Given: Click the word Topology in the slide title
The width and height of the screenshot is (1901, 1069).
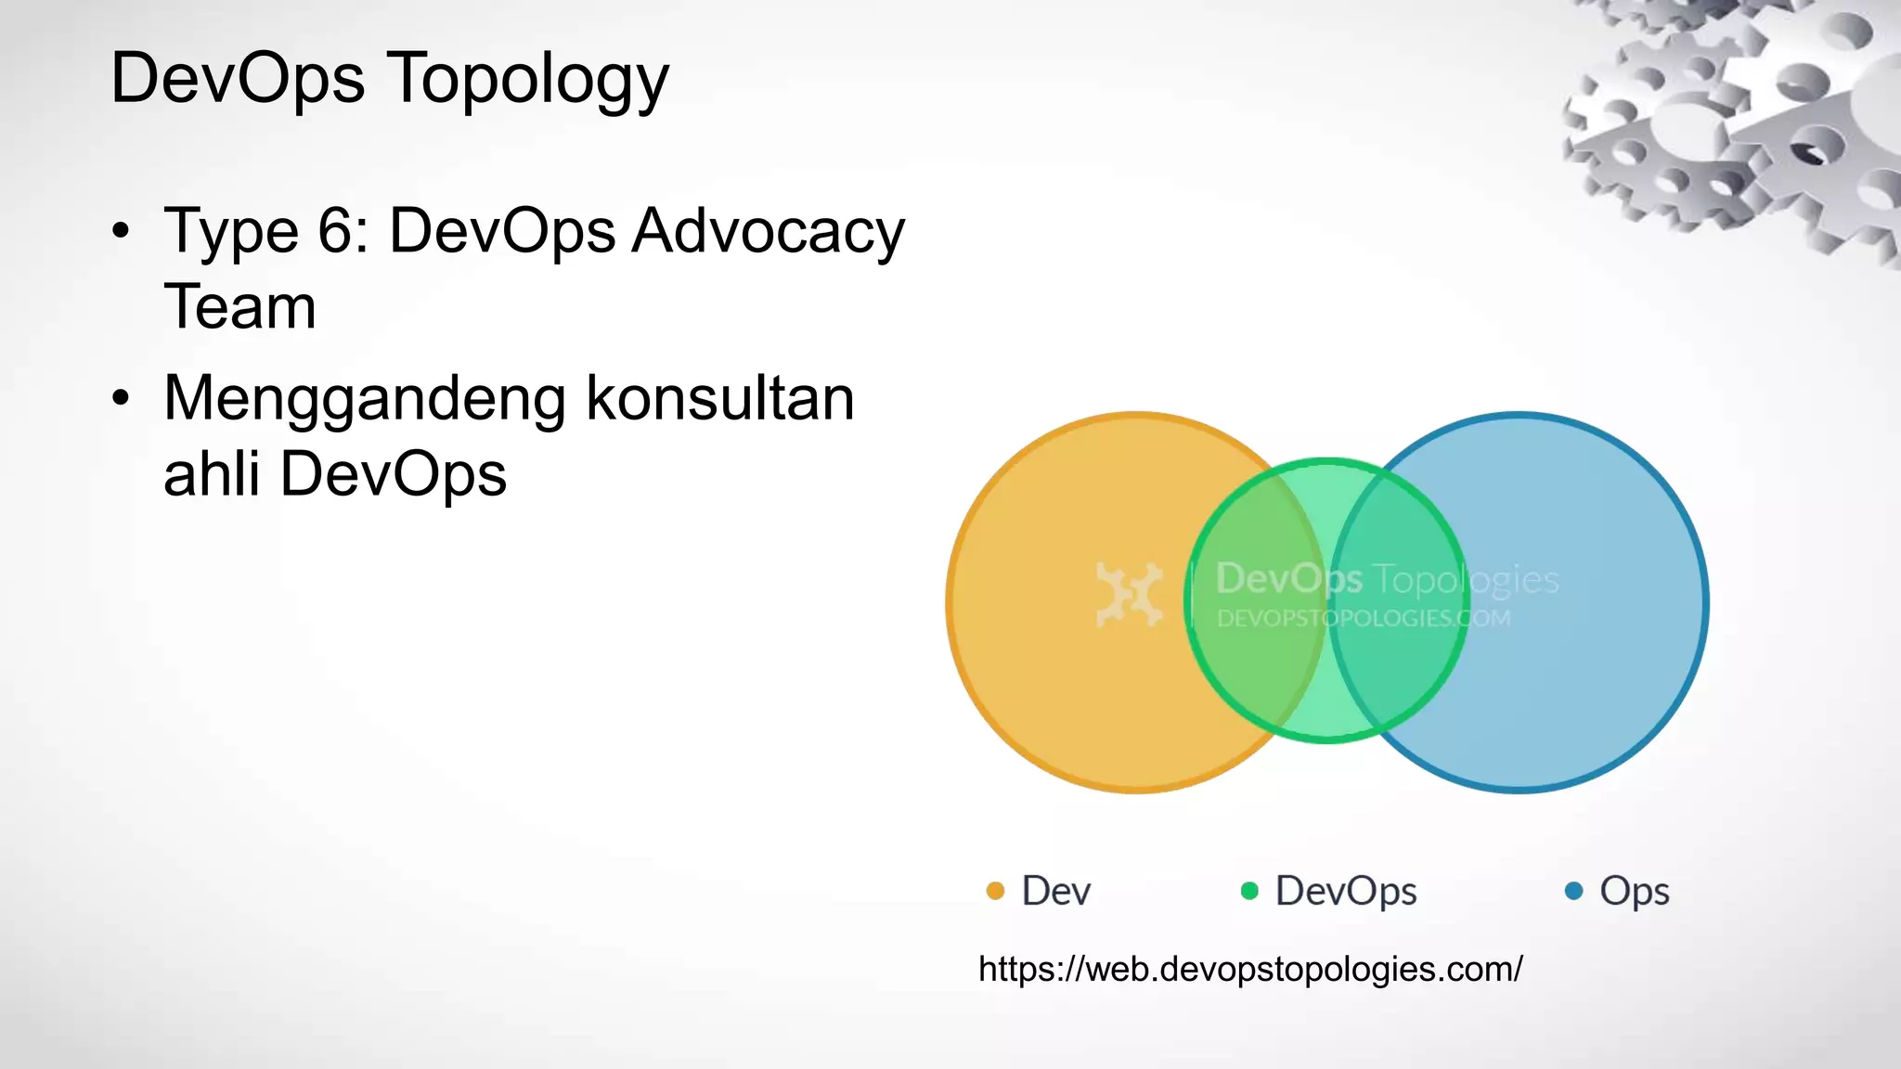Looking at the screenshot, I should [526, 80].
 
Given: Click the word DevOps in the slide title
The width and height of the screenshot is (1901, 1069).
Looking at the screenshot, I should [238, 78].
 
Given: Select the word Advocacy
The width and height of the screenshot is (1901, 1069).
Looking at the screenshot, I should [768, 232].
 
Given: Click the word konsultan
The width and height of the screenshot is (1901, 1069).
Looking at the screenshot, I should [720, 399].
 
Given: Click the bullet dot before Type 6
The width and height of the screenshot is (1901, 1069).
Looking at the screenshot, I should [121, 231].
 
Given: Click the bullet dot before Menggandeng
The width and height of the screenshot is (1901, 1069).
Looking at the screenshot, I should [121, 399].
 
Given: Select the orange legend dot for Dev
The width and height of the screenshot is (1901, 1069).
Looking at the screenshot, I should [995, 891].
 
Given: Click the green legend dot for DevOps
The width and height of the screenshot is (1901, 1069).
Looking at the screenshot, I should [1249, 891].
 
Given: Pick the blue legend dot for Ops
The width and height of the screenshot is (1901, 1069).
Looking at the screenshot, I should [1573, 891].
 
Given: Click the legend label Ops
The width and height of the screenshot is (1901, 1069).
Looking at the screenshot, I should [1634, 892].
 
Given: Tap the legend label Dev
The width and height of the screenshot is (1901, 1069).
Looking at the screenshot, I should [1055, 891].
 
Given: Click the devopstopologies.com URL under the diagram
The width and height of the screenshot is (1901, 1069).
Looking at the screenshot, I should [1250, 969].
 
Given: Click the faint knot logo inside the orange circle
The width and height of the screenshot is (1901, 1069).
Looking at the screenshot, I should [1129, 594].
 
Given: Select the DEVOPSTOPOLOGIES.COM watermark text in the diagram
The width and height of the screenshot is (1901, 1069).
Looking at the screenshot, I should [1363, 618].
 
